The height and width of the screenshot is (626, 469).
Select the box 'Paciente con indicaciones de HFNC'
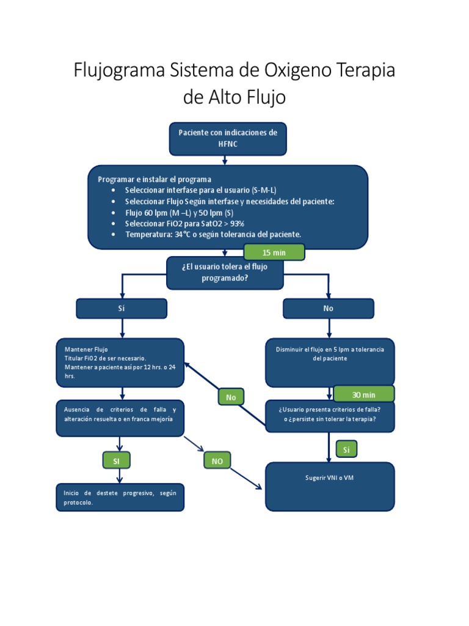(227, 139)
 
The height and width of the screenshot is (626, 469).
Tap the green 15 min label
(274, 252)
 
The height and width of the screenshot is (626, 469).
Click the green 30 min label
(363, 394)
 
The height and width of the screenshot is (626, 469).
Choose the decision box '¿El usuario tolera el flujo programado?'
(225, 272)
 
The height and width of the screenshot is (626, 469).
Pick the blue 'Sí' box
(121, 309)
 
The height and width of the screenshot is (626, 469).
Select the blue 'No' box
(329, 309)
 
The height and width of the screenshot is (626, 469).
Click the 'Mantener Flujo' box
(120, 363)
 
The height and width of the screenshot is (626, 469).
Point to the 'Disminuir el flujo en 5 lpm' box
(329, 361)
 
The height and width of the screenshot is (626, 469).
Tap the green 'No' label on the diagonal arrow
(231, 397)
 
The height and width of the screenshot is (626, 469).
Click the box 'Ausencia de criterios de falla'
(120, 418)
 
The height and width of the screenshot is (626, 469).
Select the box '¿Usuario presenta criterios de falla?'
(329, 416)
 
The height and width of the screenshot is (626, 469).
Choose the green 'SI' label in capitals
(115, 461)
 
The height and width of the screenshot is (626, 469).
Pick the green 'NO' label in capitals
(217, 461)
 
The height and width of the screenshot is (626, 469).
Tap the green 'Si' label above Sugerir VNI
(346, 450)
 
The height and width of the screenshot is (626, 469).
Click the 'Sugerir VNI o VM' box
(329, 486)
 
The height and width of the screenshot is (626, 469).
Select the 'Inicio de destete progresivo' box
(120, 497)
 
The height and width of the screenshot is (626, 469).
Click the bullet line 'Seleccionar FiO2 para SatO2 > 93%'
(184, 224)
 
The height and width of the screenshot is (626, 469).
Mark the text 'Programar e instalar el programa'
(155, 179)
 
